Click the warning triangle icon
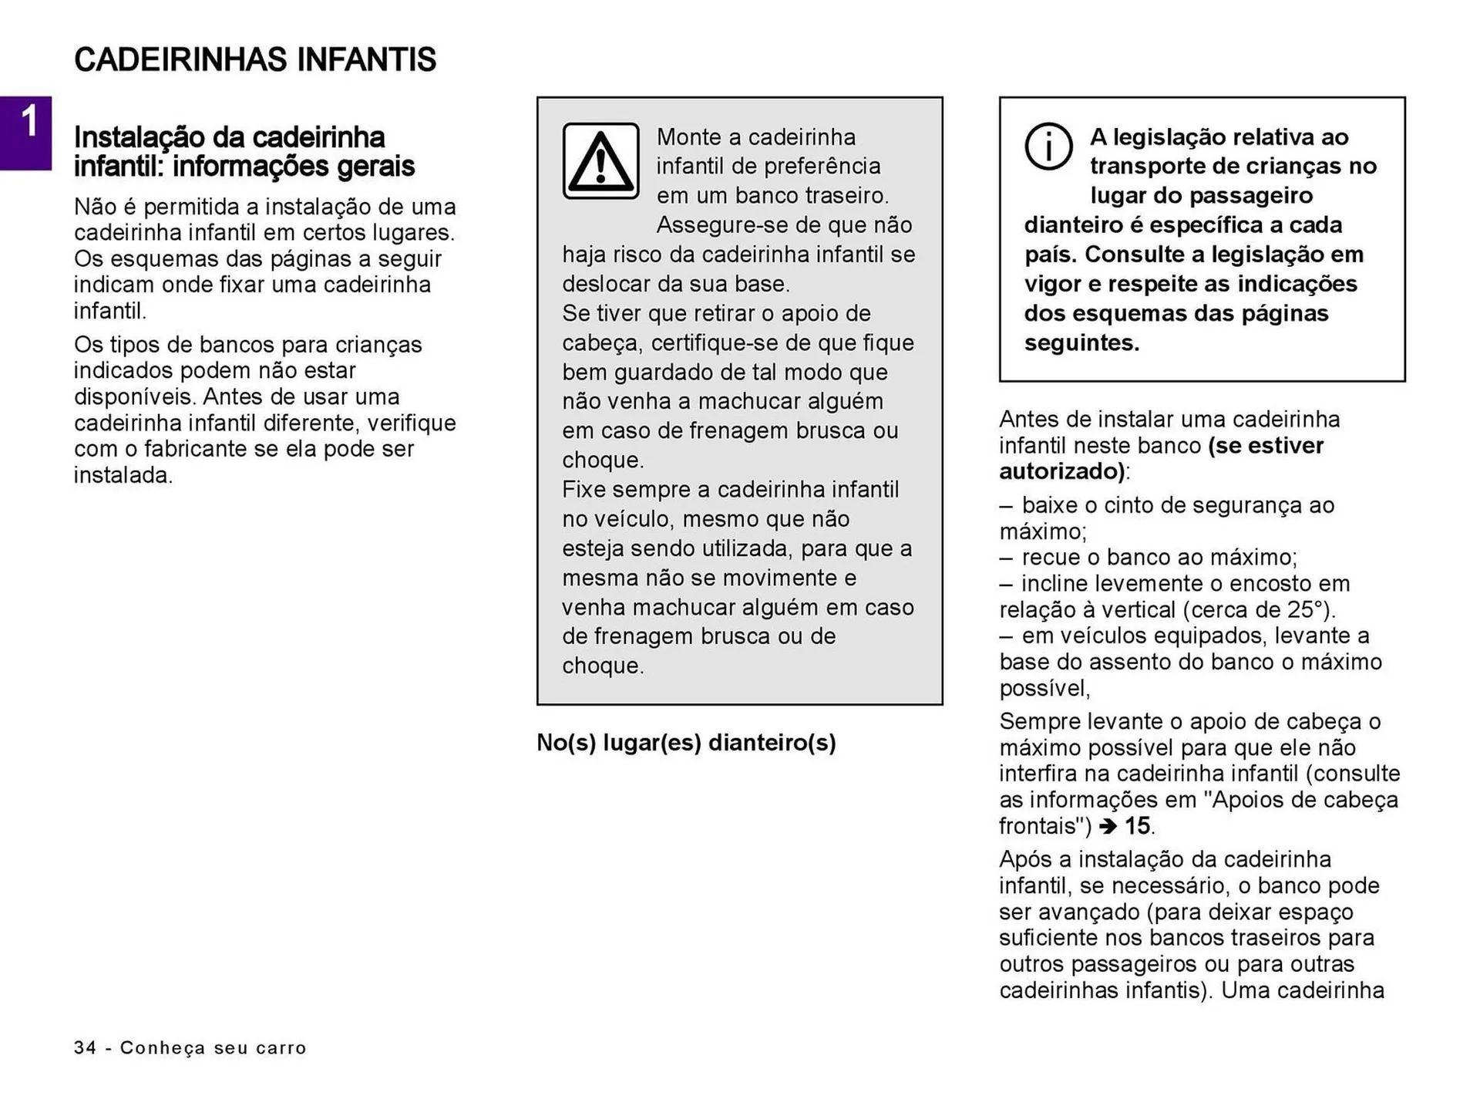(x=600, y=161)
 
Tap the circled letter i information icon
(x=1048, y=146)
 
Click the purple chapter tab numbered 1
(x=25, y=133)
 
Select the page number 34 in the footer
(x=85, y=1047)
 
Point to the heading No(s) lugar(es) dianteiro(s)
(x=685, y=742)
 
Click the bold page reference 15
(x=1137, y=826)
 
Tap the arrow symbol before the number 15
(x=1107, y=827)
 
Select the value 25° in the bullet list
(x=1307, y=609)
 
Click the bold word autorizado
(x=1061, y=471)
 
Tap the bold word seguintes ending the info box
(x=1080, y=342)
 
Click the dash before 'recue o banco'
(x=1006, y=558)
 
